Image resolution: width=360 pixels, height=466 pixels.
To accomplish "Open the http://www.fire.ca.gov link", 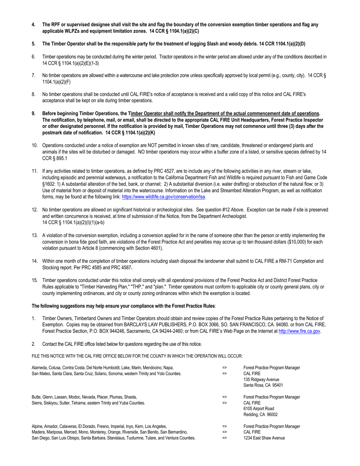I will [299, 331].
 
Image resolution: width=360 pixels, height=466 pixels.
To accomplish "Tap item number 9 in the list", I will [34, 113].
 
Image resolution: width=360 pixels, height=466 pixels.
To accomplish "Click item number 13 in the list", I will [34, 235].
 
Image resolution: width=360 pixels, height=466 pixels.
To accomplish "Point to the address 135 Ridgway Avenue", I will [261, 379].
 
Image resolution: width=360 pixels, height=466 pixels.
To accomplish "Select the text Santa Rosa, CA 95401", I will [263, 385].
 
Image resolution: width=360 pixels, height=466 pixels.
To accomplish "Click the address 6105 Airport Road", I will [258, 409].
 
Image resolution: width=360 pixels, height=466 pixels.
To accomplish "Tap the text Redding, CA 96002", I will [261, 414].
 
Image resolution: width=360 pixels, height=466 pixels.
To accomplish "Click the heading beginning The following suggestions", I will [124, 305].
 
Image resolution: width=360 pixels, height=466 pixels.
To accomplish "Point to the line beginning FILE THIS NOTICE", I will [137, 356].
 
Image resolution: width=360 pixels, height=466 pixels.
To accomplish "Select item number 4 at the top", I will [34, 25].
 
